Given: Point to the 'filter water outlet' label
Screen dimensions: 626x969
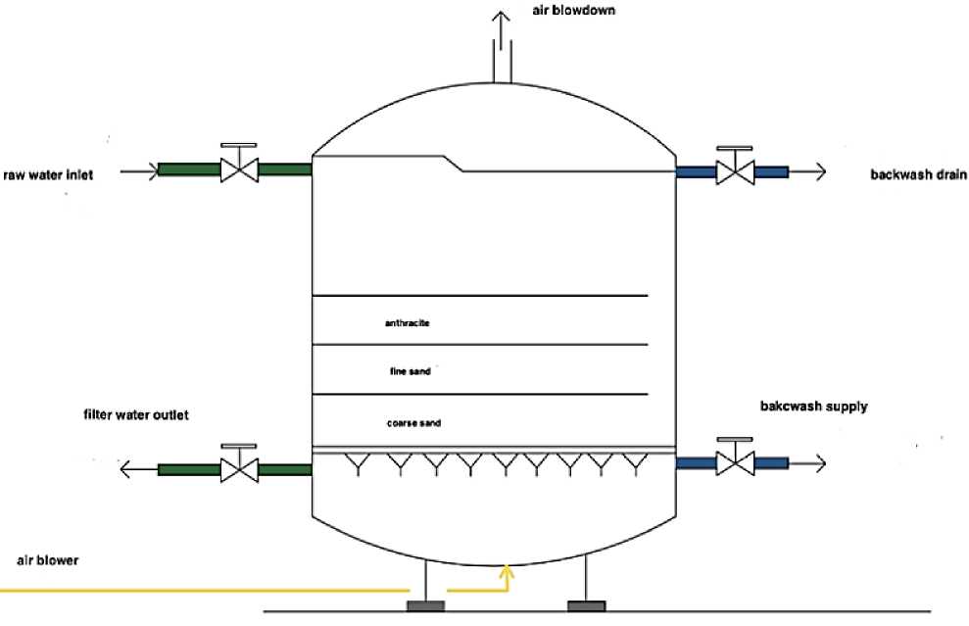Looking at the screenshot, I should pyautogui.click(x=136, y=415).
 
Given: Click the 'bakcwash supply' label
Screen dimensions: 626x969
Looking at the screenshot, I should pyautogui.click(x=813, y=406).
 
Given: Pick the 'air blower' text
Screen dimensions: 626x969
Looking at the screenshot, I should pyautogui.click(x=47, y=561).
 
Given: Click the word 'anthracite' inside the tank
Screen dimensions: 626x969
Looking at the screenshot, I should pyautogui.click(x=408, y=321).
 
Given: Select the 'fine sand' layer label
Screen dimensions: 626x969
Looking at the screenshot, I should pyautogui.click(x=410, y=372).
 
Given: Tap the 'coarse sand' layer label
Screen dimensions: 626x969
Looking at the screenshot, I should pyautogui.click(x=412, y=423).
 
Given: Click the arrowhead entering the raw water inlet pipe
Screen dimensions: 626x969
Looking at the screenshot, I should pyautogui.click(x=149, y=171).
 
